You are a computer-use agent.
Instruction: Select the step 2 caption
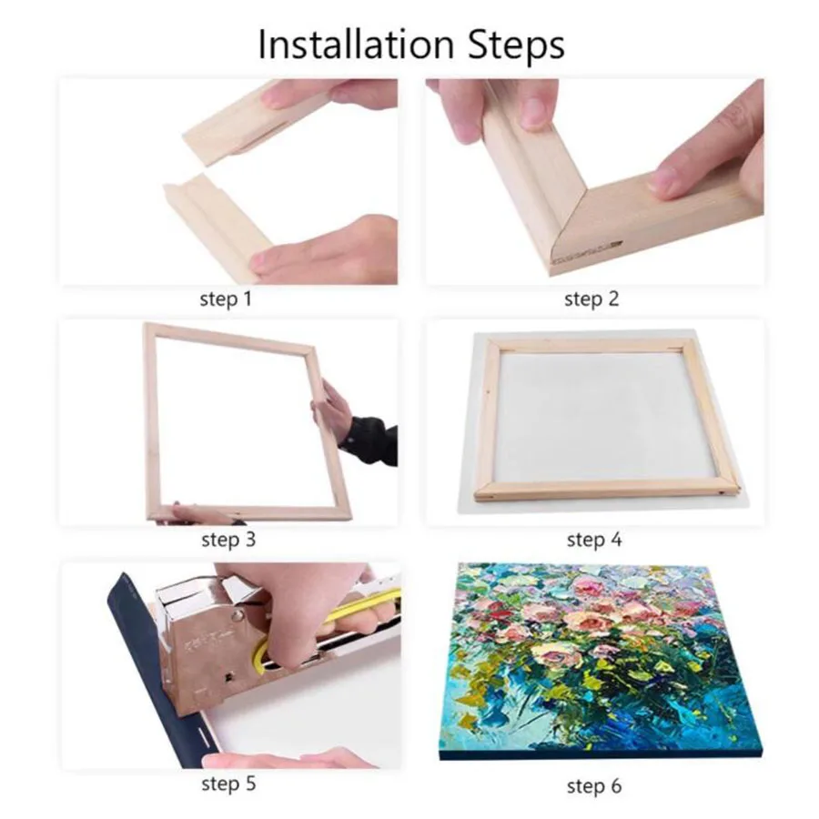pos(591,298)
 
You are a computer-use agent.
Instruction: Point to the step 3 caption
pos(227,540)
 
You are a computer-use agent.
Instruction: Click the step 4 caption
pos(593,540)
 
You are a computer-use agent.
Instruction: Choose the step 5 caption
pos(227,783)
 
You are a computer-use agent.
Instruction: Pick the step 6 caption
pos(593,784)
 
